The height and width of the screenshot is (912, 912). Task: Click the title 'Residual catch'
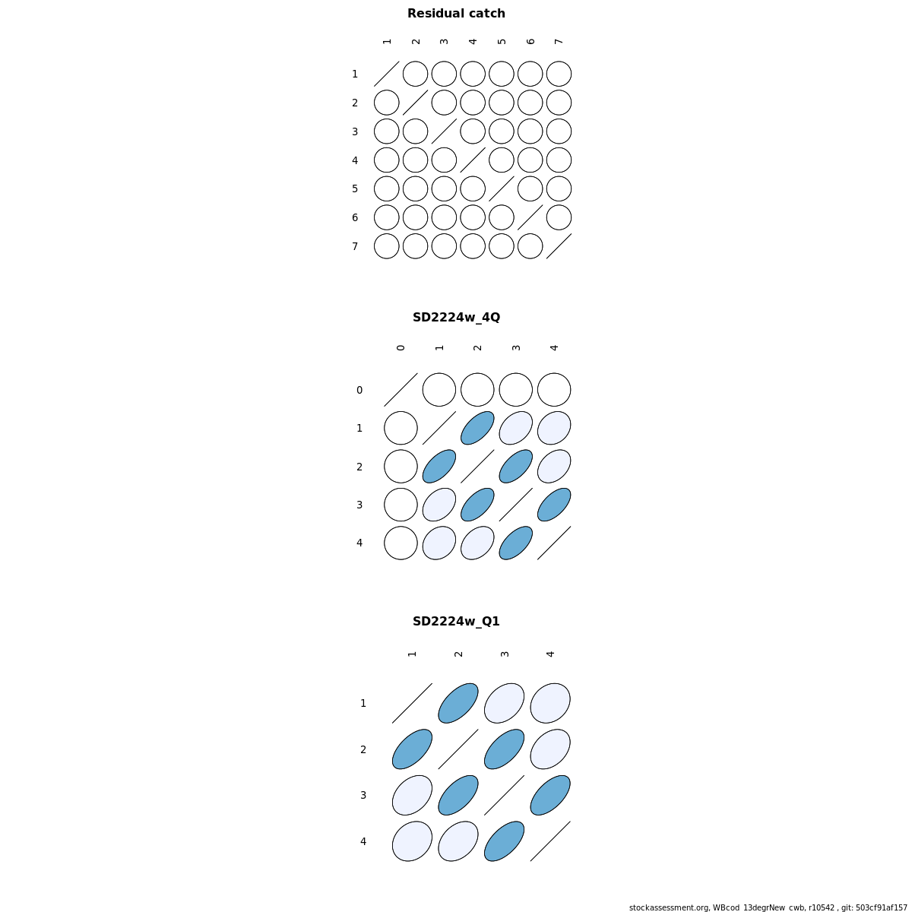pyautogui.click(x=456, y=14)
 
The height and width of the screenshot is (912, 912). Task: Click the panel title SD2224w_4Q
pyautogui.click(x=456, y=318)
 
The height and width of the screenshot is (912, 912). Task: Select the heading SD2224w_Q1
pyautogui.click(x=456, y=622)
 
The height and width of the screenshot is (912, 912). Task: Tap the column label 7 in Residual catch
pyautogui.click(x=559, y=42)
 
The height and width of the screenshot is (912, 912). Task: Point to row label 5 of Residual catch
pyautogui.click(x=355, y=188)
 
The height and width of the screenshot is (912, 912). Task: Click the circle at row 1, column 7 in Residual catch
pyautogui.click(x=559, y=74)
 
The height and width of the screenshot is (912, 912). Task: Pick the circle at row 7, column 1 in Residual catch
pyautogui.click(x=387, y=246)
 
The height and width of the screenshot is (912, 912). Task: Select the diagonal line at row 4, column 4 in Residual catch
pyautogui.click(x=473, y=160)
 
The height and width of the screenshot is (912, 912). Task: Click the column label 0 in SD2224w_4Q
pyautogui.click(x=401, y=348)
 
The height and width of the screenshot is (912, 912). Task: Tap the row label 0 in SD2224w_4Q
pyautogui.click(x=359, y=390)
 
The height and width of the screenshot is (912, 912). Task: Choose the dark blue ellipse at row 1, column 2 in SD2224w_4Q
pyautogui.click(x=477, y=428)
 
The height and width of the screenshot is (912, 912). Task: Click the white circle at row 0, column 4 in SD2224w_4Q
pyautogui.click(x=554, y=390)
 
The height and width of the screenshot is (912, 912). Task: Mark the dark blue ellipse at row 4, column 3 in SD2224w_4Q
pyautogui.click(x=516, y=543)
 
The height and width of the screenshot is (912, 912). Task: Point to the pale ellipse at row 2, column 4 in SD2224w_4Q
pyautogui.click(x=554, y=466)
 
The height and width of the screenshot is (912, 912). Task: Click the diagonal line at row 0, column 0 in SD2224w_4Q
pyautogui.click(x=401, y=390)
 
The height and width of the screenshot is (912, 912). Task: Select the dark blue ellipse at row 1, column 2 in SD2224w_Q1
pyautogui.click(x=458, y=703)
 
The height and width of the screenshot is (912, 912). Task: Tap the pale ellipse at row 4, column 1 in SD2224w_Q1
pyautogui.click(x=412, y=841)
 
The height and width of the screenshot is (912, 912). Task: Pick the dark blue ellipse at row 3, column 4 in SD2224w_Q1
pyautogui.click(x=550, y=795)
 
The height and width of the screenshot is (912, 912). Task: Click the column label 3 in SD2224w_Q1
pyautogui.click(x=505, y=654)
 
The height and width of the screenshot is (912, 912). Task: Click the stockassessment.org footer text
pyautogui.click(x=768, y=907)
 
